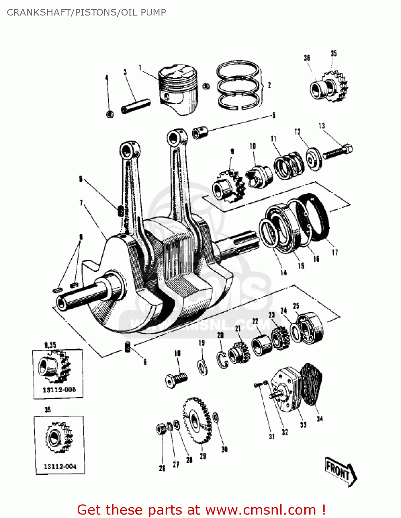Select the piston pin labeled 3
(x=136, y=106)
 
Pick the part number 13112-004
(x=60, y=467)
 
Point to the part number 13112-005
(x=59, y=390)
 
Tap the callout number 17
(x=334, y=252)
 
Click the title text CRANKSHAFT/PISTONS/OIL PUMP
(x=86, y=12)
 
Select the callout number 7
(x=81, y=203)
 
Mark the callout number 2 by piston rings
(x=269, y=85)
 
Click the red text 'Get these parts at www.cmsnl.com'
(x=201, y=510)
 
